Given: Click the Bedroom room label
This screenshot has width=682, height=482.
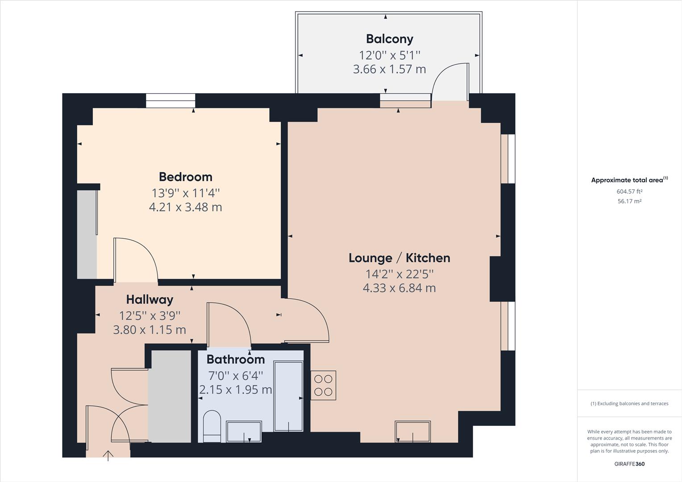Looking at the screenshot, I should (x=185, y=177).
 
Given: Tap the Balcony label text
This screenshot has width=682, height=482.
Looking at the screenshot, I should (x=389, y=39).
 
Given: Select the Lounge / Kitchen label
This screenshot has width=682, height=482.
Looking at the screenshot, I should (x=399, y=258).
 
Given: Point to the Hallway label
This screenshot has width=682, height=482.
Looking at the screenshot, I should (x=150, y=299).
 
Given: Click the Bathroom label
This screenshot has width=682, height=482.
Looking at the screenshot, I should (x=235, y=359).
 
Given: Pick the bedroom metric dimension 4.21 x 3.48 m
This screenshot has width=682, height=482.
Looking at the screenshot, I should (x=185, y=207).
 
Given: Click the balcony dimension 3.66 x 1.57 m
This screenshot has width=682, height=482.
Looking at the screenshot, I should (x=389, y=69).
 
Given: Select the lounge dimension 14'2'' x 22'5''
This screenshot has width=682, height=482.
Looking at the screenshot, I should (x=399, y=273).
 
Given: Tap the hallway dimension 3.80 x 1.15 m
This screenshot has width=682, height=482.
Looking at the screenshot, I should (x=150, y=330).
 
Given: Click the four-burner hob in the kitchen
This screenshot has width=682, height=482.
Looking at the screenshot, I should (x=323, y=386).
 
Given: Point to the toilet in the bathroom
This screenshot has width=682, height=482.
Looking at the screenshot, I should (x=212, y=426).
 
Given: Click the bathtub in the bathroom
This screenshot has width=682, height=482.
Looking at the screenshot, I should (x=288, y=396).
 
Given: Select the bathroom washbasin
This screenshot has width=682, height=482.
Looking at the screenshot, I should (x=244, y=431).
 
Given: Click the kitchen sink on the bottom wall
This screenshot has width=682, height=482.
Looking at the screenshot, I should (x=412, y=432).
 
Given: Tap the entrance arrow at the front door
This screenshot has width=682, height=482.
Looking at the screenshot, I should (x=108, y=455).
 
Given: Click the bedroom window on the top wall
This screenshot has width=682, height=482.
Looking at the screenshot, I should (x=170, y=101).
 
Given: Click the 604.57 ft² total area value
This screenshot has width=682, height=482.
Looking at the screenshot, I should (x=629, y=191).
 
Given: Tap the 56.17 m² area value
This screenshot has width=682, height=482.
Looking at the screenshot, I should (x=629, y=201).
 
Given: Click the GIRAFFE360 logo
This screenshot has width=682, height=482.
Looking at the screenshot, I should (x=629, y=464).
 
